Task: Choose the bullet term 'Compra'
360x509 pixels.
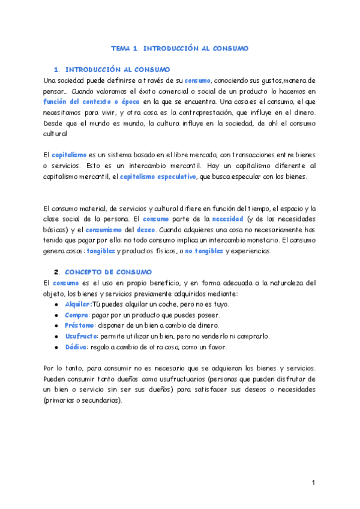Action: [x=76, y=315]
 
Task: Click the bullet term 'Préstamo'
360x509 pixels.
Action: [x=79, y=325]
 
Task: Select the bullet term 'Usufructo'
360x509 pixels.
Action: [x=81, y=336]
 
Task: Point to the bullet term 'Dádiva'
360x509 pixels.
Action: [x=76, y=347]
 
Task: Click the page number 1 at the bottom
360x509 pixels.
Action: [x=313, y=483]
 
